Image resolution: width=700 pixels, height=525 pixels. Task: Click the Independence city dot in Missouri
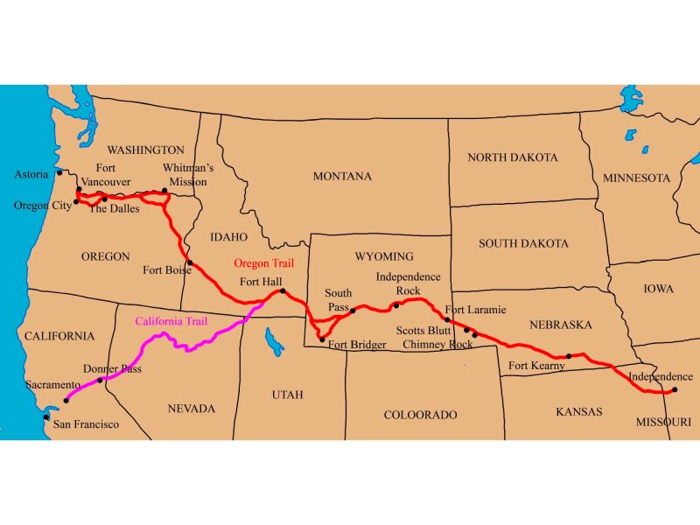click(x=675, y=390)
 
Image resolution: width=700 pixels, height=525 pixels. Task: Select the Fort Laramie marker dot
click(x=447, y=320)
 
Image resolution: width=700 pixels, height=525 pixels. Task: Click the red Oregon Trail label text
click(x=263, y=262)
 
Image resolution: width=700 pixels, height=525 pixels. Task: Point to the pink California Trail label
click(x=171, y=321)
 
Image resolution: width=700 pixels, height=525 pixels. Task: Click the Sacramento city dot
click(x=66, y=400)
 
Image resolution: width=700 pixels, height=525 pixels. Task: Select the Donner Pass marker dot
click(x=100, y=380)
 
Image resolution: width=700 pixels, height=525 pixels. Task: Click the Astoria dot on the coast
click(x=59, y=172)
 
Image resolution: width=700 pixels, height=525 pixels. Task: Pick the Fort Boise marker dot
click(x=190, y=262)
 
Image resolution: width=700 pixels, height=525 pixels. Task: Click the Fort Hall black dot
click(x=283, y=290)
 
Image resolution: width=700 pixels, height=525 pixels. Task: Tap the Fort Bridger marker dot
click(x=322, y=339)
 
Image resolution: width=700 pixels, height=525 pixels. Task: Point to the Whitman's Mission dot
click(x=164, y=190)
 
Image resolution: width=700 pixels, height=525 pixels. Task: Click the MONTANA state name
click(x=342, y=176)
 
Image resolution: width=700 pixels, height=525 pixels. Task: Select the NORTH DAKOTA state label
click(x=512, y=157)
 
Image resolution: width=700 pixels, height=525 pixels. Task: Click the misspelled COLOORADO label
click(x=421, y=415)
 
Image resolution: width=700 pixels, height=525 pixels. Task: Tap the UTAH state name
click(x=287, y=395)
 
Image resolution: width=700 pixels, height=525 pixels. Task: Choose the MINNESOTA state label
click(x=636, y=178)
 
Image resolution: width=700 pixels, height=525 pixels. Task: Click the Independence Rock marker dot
click(x=396, y=305)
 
